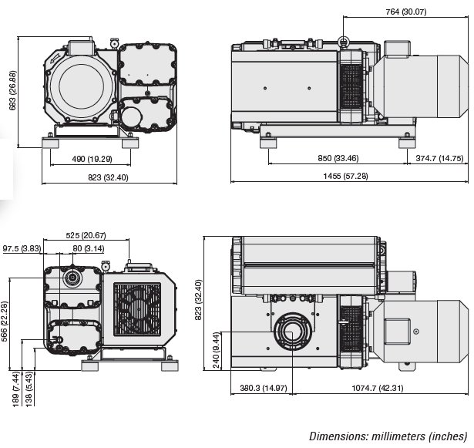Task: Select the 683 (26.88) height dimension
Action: (12, 91)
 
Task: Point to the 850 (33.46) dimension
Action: (338, 159)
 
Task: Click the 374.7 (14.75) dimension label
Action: (439, 159)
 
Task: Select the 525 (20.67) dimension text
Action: (86, 235)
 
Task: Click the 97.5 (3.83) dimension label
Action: (22, 248)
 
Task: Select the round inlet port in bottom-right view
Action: (292, 333)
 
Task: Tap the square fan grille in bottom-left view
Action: (137, 308)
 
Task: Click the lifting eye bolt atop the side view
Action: (343, 40)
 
